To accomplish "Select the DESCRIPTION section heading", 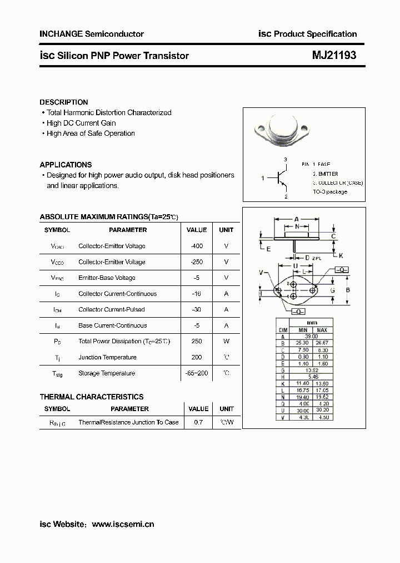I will click(x=64, y=102).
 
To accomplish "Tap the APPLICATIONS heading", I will click(x=66, y=165).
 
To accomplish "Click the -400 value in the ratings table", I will click(x=196, y=246).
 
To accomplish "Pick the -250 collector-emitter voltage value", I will click(x=196, y=262).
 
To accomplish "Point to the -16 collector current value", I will click(x=196, y=294).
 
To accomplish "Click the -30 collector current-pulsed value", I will click(x=196, y=309).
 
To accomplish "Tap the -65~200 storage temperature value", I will click(x=196, y=373).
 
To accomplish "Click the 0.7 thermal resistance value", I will click(x=198, y=422).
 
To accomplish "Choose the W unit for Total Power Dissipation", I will click(x=226, y=341).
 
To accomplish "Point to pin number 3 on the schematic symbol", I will click(x=286, y=160).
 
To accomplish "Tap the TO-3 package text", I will click(x=330, y=192).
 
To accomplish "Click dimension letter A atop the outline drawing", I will click(x=297, y=219).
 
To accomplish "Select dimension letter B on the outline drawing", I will click(x=347, y=290).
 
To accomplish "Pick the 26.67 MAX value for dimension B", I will click(x=322, y=343).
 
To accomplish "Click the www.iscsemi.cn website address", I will click(x=122, y=524).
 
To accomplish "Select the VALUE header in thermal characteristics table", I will click(x=198, y=408).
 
